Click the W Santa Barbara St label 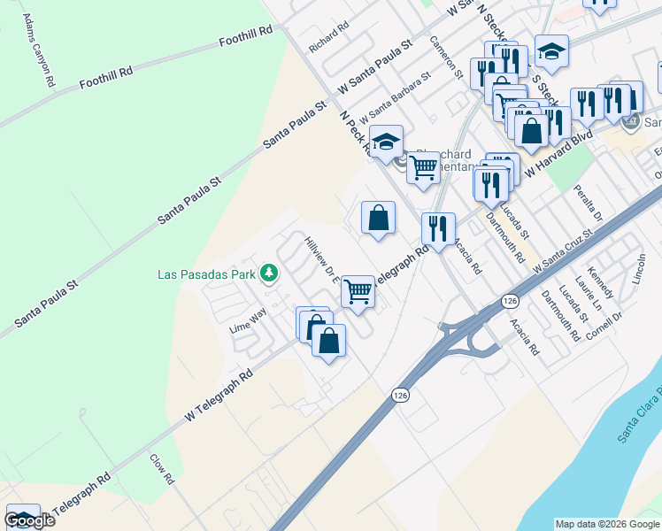pyautogui.click(x=395, y=98)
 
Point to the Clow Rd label pyautogui.click(x=162, y=469)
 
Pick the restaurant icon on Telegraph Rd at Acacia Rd pyautogui.click(x=437, y=227)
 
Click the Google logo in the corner pyautogui.click(x=28, y=520)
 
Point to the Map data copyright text pyautogui.click(x=607, y=524)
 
